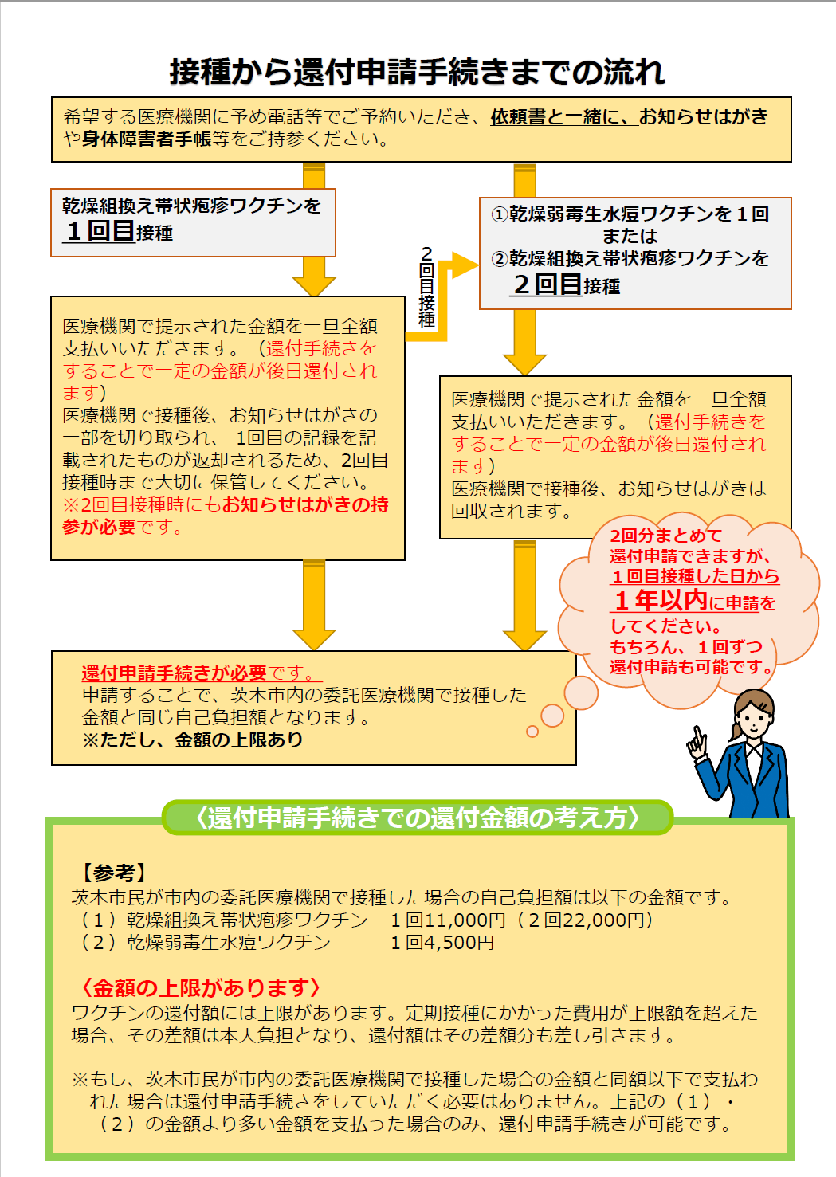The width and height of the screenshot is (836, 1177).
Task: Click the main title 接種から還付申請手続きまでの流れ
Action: (417, 72)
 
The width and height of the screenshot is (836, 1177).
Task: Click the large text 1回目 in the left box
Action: (100, 232)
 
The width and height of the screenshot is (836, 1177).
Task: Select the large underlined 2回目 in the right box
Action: (548, 284)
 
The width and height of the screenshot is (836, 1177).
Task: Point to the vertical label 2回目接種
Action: (426, 287)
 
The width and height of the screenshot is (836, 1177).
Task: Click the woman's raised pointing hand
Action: (697, 743)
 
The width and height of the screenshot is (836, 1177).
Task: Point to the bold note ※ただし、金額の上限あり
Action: (192, 740)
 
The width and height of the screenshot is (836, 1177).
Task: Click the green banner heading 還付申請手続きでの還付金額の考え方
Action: (417, 818)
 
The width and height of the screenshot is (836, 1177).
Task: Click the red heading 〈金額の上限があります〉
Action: (201, 988)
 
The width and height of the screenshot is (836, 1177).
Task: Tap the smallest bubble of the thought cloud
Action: (532, 732)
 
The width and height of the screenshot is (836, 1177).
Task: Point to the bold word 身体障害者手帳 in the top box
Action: (147, 139)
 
